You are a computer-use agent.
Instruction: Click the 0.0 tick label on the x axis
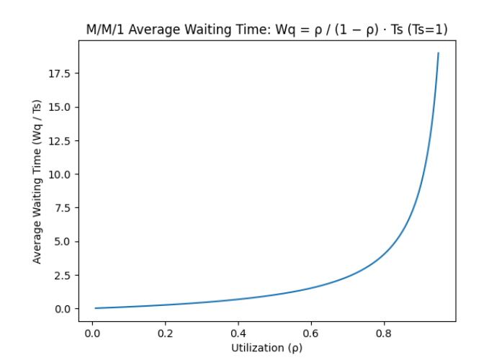92,334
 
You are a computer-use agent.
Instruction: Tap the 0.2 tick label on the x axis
165,334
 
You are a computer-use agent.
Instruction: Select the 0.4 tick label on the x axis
238,334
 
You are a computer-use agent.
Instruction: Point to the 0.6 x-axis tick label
310,334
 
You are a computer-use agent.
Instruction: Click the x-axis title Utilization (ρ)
267,348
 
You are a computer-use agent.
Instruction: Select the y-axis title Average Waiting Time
37,181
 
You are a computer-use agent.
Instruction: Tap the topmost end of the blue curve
438,53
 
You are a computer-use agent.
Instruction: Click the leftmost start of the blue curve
96,308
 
